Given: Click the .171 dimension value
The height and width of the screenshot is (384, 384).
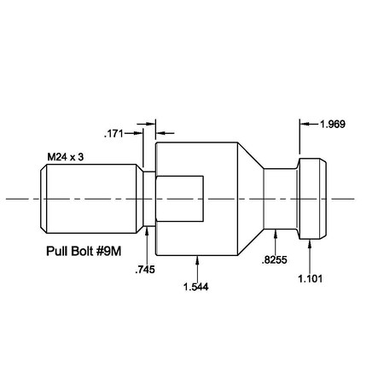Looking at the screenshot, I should click(x=113, y=133).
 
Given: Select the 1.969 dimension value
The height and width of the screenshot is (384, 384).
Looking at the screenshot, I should click(x=333, y=125).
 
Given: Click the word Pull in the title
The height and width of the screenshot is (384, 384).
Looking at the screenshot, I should click(x=55, y=253).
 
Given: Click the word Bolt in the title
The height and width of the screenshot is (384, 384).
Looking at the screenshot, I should click(x=85, y=253).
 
